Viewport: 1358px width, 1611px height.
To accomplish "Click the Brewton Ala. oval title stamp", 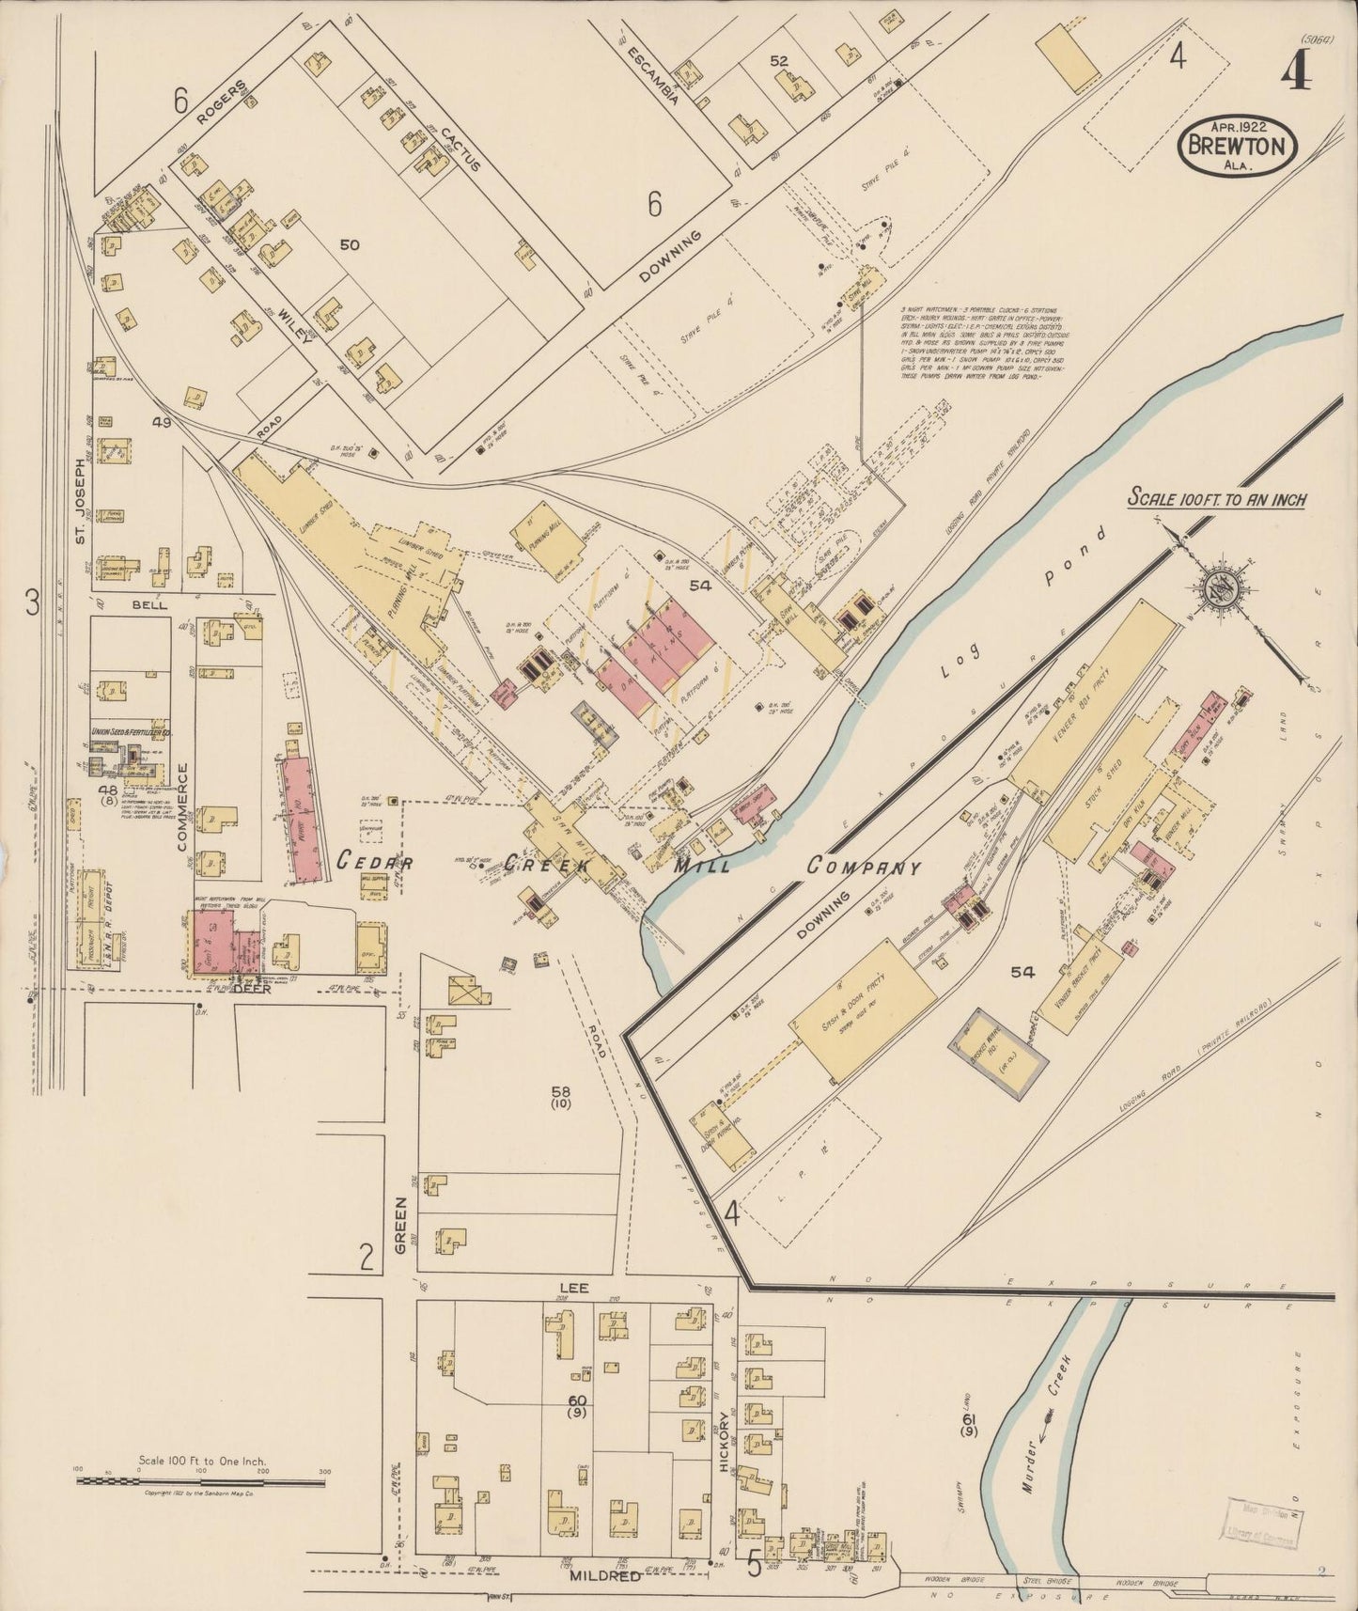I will coord(1239,146).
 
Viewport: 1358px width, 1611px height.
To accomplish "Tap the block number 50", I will coord(350,245).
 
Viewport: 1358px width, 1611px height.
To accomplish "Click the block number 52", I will coord(778,61).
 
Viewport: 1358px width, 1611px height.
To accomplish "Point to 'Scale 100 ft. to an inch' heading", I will coord(1217,499).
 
